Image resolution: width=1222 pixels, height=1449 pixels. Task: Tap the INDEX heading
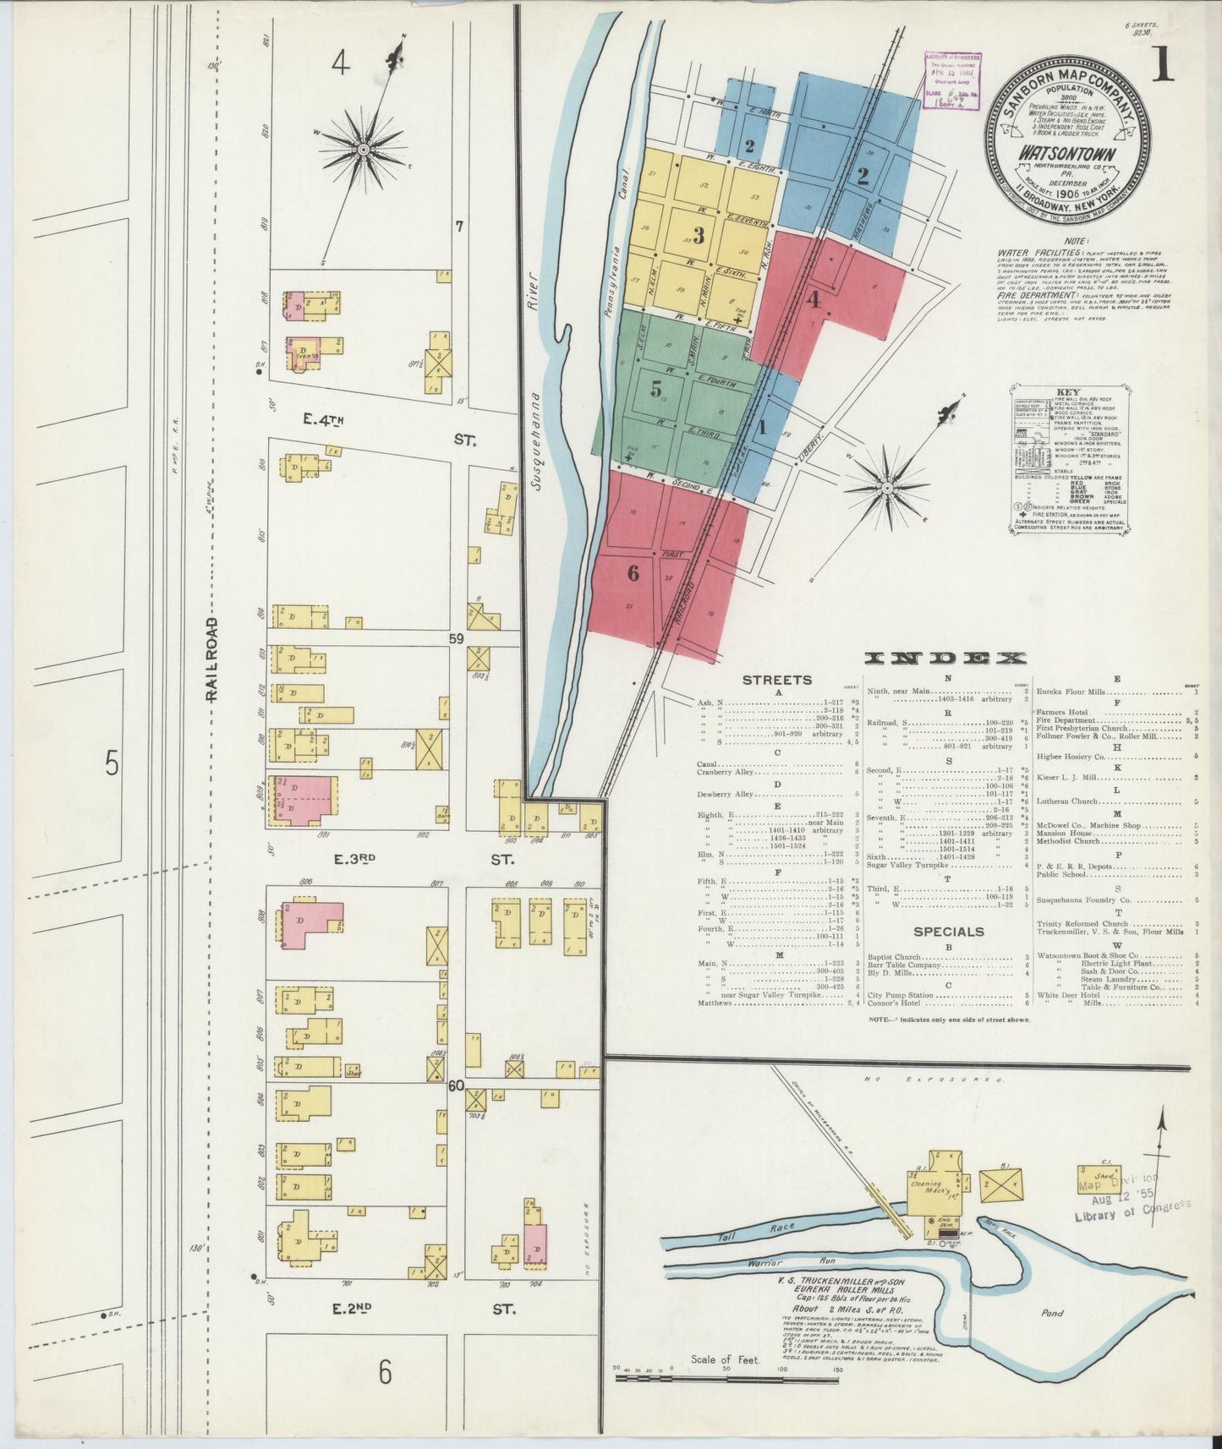pos(945,659)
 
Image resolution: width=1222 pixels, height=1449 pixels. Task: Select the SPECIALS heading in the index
pos(948,932)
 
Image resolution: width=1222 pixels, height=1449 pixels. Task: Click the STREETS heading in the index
pos(776,680)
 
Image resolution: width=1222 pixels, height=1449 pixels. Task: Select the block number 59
pos(457,639)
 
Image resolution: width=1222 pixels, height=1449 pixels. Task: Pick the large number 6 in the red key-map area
pos(633,573)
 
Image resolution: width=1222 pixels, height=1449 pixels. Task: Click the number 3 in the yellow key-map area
pos(699,236)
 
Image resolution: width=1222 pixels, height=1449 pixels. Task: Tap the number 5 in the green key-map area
pos(656,390)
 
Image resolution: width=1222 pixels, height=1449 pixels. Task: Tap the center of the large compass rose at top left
pos(363,150)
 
